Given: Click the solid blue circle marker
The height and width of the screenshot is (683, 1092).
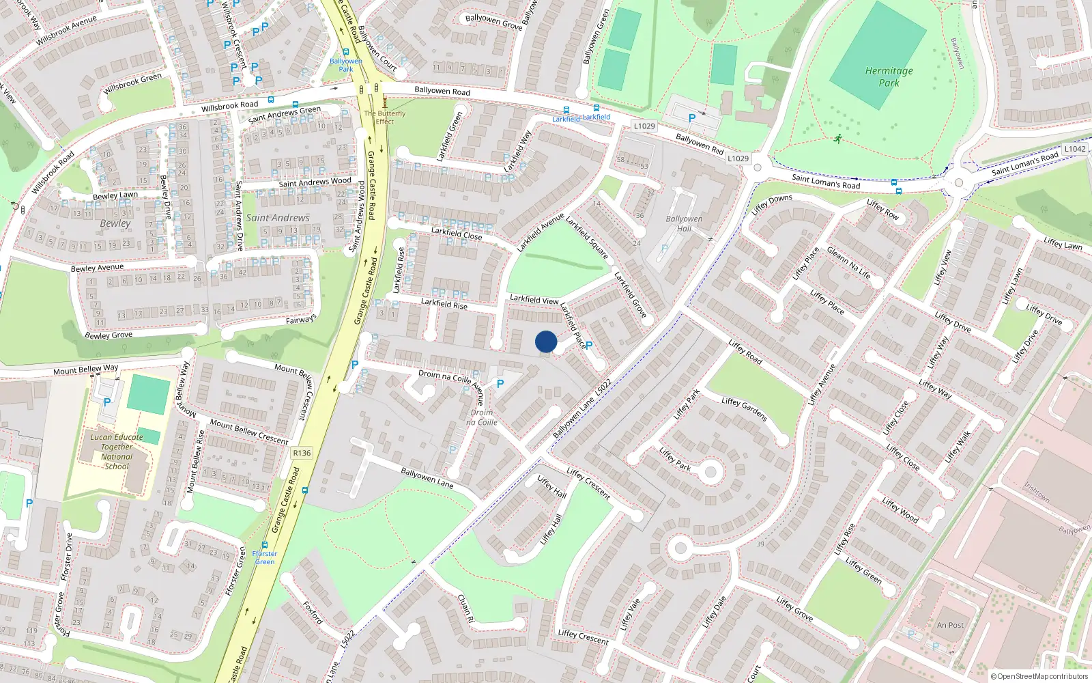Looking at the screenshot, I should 546,341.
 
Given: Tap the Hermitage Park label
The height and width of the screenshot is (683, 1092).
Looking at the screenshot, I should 889,76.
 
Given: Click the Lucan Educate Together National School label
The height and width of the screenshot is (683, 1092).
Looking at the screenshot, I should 117,451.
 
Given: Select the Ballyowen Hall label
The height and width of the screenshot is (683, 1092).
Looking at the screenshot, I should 684,224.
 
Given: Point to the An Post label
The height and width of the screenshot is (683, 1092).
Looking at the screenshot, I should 950,625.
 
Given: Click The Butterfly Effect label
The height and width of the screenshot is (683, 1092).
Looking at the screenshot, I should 384,117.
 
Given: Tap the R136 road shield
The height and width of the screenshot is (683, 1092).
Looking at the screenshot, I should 301,453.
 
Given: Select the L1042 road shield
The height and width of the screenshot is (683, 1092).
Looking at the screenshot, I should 1074,149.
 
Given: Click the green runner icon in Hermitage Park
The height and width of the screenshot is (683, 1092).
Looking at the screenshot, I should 837,139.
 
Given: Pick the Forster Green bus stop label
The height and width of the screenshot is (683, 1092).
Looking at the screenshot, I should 265,557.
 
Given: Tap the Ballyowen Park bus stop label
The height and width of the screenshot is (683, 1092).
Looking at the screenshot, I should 346,65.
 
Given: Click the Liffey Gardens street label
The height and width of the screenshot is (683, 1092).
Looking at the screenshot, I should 744,409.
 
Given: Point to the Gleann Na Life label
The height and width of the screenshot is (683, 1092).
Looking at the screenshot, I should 848,263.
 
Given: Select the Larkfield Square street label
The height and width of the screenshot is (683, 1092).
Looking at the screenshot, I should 587,238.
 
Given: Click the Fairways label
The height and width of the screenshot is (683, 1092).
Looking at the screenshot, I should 301,320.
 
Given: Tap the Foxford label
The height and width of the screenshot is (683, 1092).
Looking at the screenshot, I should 313,613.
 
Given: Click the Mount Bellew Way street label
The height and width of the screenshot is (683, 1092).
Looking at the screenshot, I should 86,370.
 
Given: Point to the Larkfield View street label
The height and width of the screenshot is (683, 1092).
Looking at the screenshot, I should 534,299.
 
